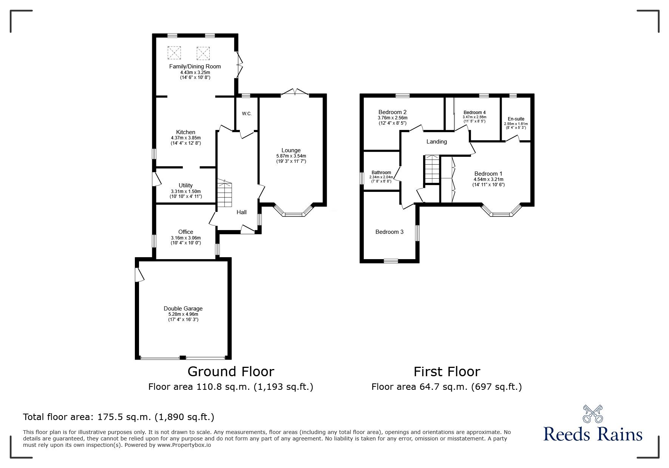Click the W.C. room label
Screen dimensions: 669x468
247,114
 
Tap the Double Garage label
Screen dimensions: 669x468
183,309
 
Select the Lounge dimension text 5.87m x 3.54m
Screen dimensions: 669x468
291,156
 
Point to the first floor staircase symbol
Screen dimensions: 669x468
432,169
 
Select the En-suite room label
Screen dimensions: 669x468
516,119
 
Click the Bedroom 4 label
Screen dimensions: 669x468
474,113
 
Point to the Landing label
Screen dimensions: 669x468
437,142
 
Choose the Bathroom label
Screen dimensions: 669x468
381,173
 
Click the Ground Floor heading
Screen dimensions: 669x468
231,372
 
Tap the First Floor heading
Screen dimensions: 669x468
447,372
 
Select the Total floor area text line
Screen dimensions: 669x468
119,417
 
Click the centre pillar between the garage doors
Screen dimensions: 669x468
183,357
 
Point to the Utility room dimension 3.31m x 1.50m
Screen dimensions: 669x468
185,192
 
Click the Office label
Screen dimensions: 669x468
185,232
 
